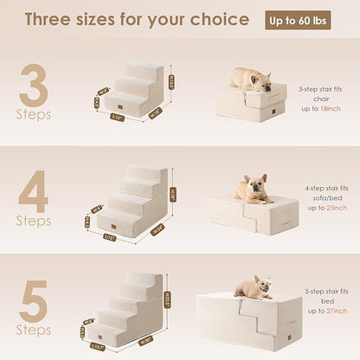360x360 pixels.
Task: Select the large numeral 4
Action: coord(34,194)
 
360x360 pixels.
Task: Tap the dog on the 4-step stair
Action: coord(254,189)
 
